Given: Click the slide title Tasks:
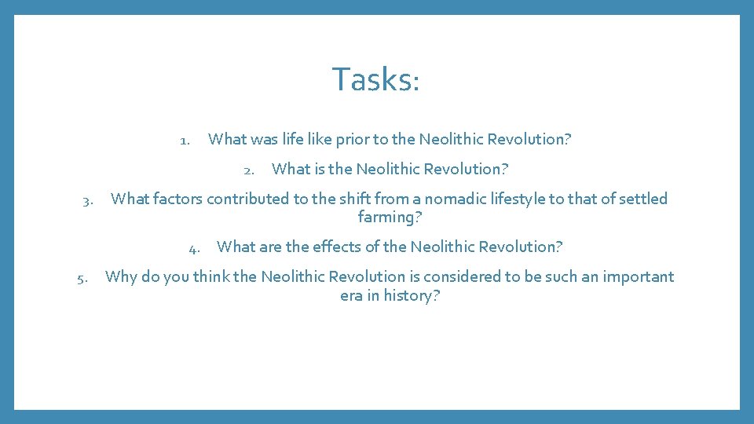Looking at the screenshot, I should pyautogui.click(x=375, y=79).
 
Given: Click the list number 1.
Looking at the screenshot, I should pyautogui.click(x=185, y=141).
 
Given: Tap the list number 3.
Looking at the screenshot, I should pyautogui.click(x=88, y=200).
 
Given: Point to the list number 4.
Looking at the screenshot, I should pyautogui.click(x=193, y=248).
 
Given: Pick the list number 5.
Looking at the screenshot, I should pyautogui.click(x=82, y=278).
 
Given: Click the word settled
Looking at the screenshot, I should pyautogui.click(x=643, y=199).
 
